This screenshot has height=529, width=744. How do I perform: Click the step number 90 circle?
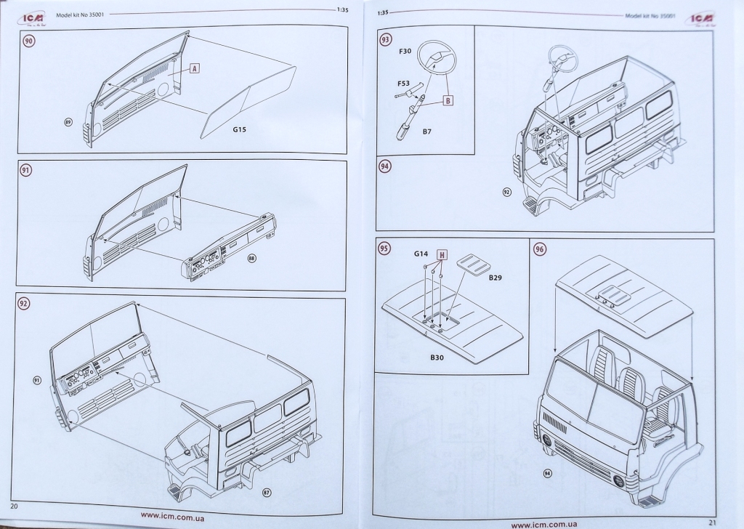tap(29, 41)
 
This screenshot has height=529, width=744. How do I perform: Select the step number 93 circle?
tap(385, 40)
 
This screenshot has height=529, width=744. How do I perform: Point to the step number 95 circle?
tap(384, 248)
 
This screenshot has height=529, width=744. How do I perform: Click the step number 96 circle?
tap(540, 249)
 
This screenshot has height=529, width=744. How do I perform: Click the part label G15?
tap(240, 130)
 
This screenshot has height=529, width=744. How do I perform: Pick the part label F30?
tap(406, 52)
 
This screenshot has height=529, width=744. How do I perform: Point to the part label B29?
tap(496, 278)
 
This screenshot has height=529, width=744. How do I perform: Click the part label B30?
tap(437, 358)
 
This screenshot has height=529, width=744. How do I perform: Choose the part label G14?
tap(421, 254)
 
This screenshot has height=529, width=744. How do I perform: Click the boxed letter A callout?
tap(195, 69)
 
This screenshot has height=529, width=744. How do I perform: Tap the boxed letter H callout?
tap(441, 254)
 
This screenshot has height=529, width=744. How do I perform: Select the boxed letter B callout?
tap(448, 101)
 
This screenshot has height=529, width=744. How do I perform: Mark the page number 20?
tap(14, 504)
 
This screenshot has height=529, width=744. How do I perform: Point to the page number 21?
tap(711, 521)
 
